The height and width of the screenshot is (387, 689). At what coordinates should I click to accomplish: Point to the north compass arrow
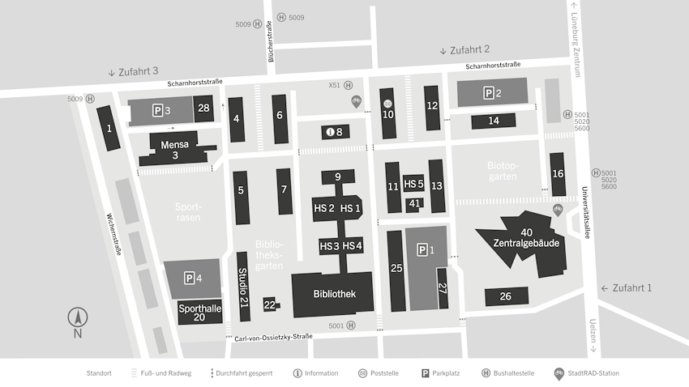pyautogui.click(x=78, y=318)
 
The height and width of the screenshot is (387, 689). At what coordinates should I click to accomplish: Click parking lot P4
pyautogui.click(x=193, y=278)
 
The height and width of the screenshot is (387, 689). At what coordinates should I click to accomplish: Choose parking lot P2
pyautogui.click(x=492, y=93)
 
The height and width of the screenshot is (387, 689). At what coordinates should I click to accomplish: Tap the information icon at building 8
pyautogui.click(x=330, y=131)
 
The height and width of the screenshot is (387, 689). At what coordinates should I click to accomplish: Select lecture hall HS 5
pyautogui.click(x=414, y=184)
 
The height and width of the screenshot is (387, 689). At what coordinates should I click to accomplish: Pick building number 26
pyautogui.click(x=506, y=296)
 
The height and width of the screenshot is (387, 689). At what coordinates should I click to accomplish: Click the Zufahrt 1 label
pyautogui.click(x=631, y=288)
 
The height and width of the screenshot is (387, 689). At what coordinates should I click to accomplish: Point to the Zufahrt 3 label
pyautogui.click(x=133, y=71)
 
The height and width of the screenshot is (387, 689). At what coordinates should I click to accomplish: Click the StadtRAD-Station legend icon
pyautogui.click(x=558, y=373)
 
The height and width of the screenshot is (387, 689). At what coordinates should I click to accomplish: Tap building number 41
pyautogui.click(x=414, y=203)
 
